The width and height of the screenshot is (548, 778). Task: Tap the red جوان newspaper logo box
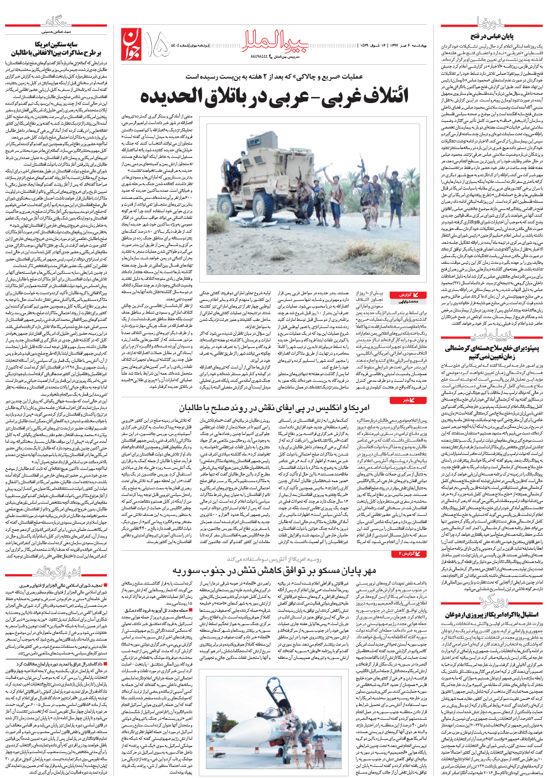tap(130, 46)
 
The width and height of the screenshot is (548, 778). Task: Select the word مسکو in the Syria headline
tap(324, 570)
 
